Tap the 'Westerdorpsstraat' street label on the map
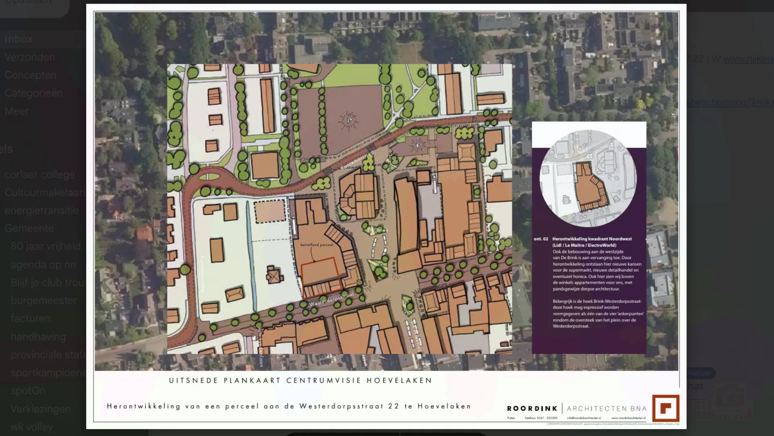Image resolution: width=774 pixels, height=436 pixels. coord(331,299)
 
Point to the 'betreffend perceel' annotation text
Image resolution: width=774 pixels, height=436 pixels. coord(317,245)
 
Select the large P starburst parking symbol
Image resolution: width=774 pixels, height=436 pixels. coord(349,120)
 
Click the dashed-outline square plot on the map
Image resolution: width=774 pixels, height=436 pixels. coord(270,212)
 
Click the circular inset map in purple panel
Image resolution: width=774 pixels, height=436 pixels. coord(588,178)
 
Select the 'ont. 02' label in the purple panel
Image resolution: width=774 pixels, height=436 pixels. coord(541,239)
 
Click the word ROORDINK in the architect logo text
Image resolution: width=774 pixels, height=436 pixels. coord(532,409)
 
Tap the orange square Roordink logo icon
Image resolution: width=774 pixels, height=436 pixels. coord(666,408)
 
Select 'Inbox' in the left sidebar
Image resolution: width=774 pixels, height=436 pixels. coord(19,39)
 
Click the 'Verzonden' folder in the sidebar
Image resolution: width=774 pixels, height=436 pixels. coord(30,57)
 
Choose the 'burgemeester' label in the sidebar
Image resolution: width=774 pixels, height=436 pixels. coord(44,301)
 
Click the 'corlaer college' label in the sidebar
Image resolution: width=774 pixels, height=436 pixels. coord(40,175)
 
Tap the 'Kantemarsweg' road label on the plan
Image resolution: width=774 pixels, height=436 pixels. coord(358,160)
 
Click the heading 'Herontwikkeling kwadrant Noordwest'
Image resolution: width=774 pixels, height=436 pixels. coord(592,239)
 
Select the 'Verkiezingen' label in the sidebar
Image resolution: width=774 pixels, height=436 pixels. coord(41,409)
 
